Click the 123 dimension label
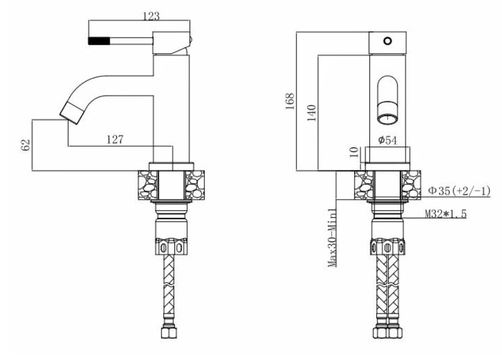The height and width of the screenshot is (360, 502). click(151, 16)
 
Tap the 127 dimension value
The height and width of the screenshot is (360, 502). click(115, 139)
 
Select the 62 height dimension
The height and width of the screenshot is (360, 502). click(26, 145)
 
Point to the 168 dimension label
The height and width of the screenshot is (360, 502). click(289, 101)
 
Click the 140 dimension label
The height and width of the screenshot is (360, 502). click(311, 113)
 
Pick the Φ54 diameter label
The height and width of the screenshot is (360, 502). click(388, 140)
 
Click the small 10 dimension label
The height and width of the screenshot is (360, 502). click(354, 152)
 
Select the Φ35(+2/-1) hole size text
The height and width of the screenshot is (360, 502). click(459, 191)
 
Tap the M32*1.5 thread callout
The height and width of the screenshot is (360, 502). click(446, 214)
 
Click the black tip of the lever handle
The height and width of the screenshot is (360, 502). click(99, 41)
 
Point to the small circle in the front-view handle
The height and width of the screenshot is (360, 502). click(388, 41)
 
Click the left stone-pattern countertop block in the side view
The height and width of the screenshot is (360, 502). click(148, 186)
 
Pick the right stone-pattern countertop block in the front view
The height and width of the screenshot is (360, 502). click(411, 185)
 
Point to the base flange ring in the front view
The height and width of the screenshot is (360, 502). click(388, 167)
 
